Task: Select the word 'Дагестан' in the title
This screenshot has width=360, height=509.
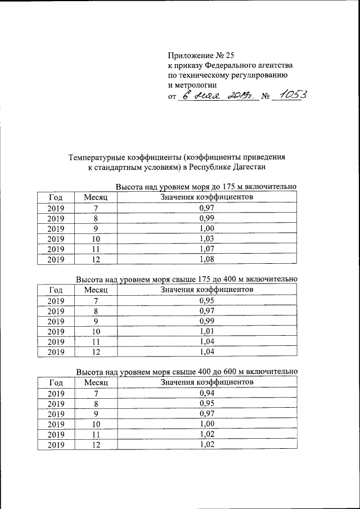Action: click(x=247, y=167)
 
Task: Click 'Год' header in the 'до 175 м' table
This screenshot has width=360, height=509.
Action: click(x=56, y=197)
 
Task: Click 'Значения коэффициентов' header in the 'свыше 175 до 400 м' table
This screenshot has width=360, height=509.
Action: click(x=206, y=289)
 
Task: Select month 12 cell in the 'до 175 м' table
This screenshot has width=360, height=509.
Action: click(x=96, y=259)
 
